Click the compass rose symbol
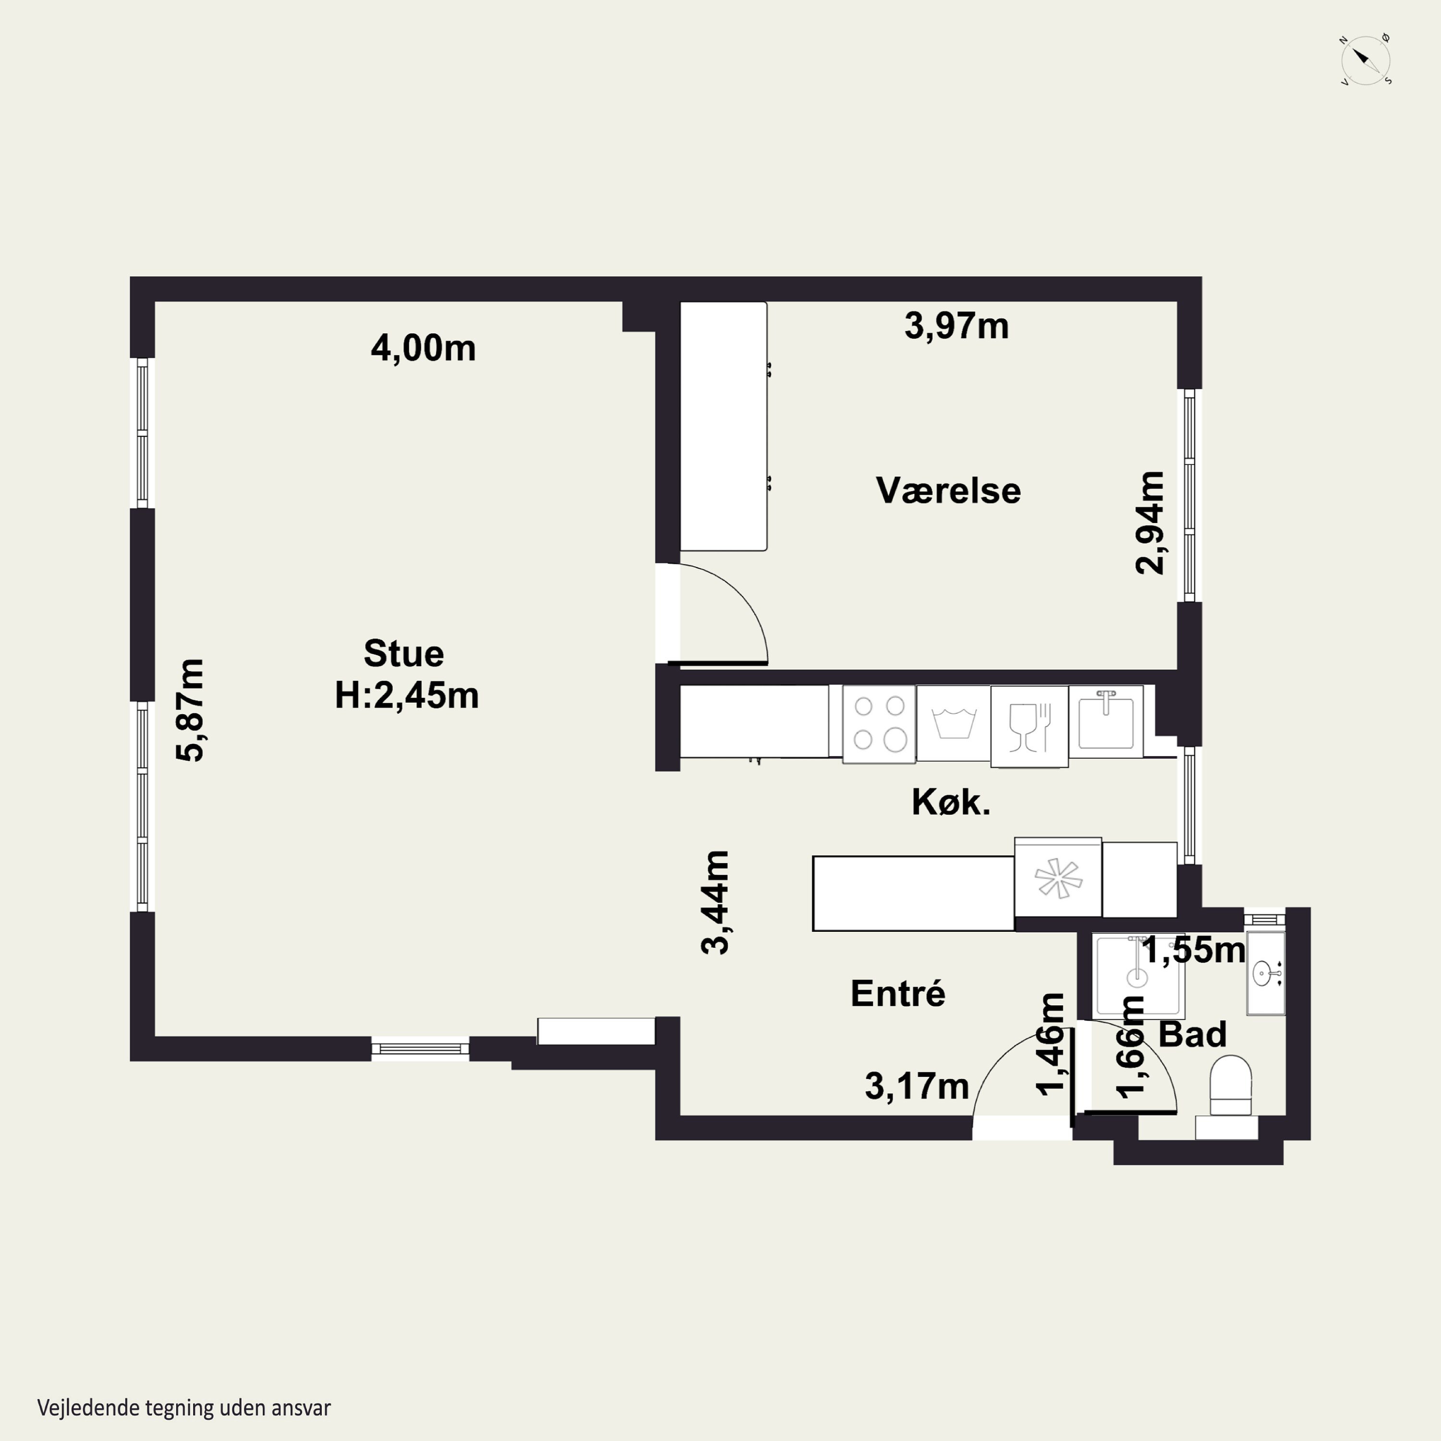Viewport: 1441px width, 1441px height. (1365, 60)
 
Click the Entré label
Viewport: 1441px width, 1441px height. (898, 993)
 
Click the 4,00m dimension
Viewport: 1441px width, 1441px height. (423, 348)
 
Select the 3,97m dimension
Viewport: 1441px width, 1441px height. (956, 326)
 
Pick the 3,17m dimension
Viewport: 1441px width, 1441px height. (916, 1087)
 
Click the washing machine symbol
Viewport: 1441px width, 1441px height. (954, 723)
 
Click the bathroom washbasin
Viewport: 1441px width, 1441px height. (1267, 973)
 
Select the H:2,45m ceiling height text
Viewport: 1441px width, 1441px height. (406, 695)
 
